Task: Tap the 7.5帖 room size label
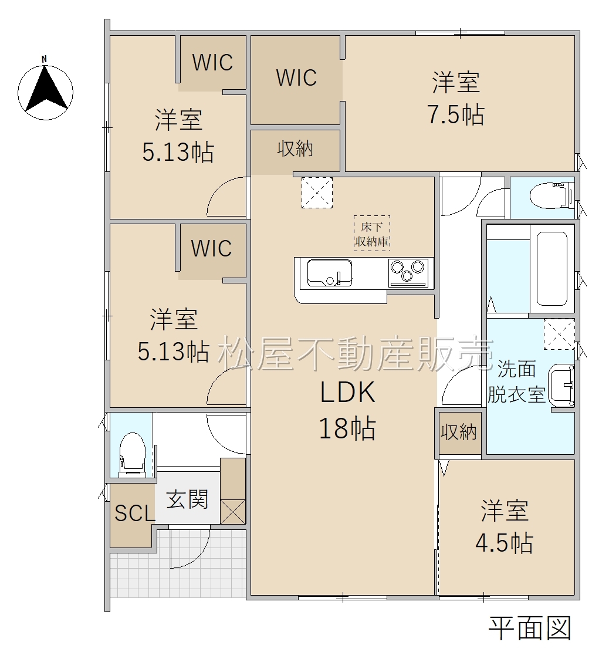pos(456,114)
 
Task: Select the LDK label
pos(347,393)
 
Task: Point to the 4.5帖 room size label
pos(504,543)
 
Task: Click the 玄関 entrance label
pos(187,499)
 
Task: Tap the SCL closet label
pos(134,513)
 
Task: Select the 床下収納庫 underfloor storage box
pos(371,233)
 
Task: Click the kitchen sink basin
pos(330,273)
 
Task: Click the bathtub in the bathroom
pos(552,269)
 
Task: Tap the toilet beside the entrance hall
pos(132,454)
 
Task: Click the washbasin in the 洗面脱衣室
pos(561,386)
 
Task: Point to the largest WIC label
pos(296,77)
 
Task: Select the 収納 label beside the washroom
pos(458,432)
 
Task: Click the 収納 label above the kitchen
pos(295,148)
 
